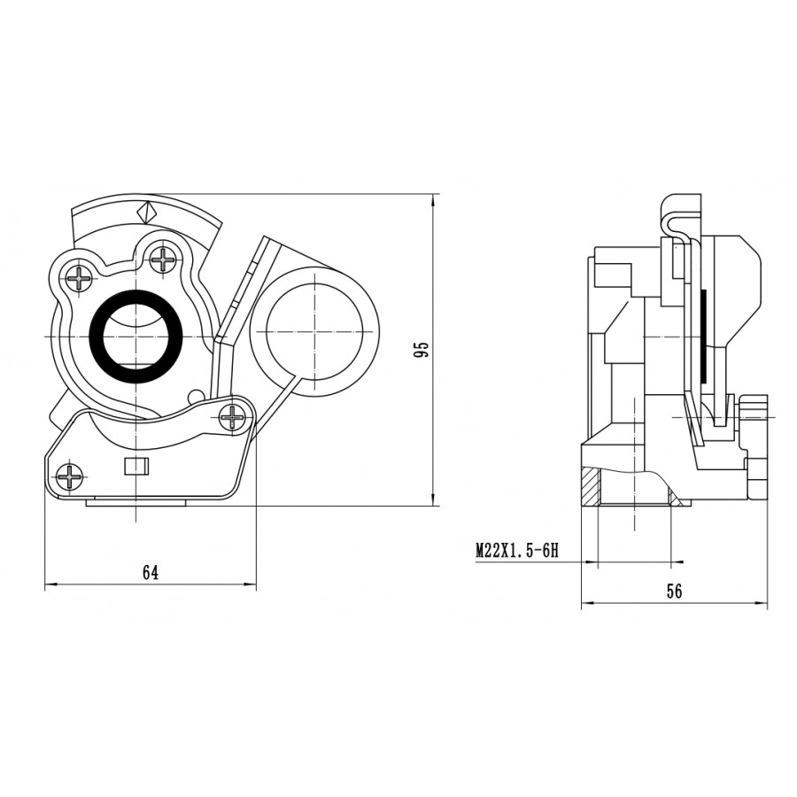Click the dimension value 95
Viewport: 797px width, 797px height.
coord(422,350)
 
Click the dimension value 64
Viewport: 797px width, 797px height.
coord(151,573)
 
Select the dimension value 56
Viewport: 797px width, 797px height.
coord(674,592)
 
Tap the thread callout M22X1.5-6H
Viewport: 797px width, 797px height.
coord(517,551)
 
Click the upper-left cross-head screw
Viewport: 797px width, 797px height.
coord(81,278)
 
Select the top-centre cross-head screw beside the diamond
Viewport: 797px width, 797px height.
coord(164,259)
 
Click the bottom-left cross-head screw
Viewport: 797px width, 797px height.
coord(68,476)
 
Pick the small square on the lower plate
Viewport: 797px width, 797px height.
coord(136,466)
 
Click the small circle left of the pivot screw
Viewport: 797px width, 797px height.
coord(195,396)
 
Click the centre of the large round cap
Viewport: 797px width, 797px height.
coord(315,331)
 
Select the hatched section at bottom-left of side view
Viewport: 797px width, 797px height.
coord(591,487)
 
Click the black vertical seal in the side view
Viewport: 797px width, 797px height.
coord(703,337)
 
